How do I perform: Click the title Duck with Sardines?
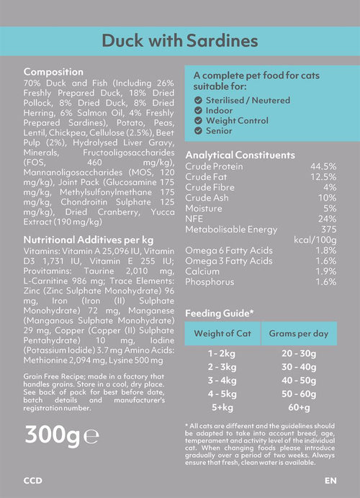(180, 41)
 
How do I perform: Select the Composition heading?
(53, 72)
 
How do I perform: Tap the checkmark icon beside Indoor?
(198, 111)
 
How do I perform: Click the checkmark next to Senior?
(198, 131)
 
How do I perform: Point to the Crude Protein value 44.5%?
(323, 166)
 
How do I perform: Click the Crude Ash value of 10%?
(327, 198)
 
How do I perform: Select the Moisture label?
(204, 209)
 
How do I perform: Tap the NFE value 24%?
(327, 219)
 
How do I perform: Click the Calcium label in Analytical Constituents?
(202, 271)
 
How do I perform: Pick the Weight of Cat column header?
(222, 333)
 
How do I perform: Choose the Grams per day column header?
(299, 334)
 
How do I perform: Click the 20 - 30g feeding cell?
(299, 353)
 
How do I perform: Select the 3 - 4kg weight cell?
(222, 381)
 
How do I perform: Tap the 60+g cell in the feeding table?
(299, 407)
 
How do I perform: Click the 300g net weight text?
(53, 435)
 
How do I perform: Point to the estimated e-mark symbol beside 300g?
(91, 437)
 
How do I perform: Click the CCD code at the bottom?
(32, 481)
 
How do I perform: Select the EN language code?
(330, 481)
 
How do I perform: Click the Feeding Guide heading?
(220, 314)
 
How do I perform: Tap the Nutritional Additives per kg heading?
(89, 240)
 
